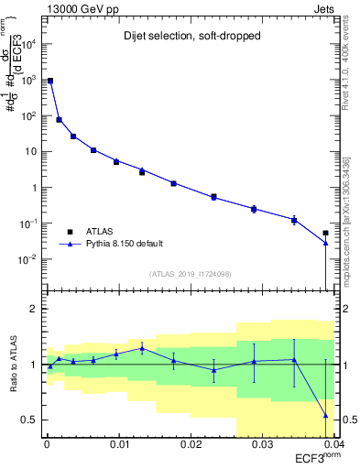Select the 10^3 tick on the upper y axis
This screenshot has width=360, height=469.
(x=30, y=80)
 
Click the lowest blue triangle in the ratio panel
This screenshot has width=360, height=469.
(x=325, y=416)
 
